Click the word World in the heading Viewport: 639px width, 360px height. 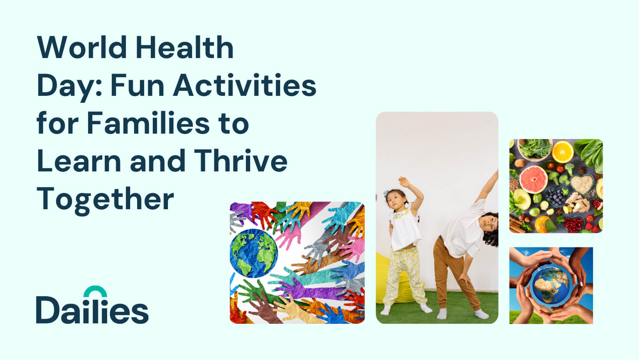coord(82,48)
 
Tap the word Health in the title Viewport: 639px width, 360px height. coord(185,47)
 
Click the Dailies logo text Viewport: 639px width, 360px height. coord(92,310)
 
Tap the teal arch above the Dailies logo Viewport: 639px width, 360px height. coord(95,291)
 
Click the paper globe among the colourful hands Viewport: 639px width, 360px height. coord(253,253)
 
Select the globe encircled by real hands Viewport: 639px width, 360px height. coord(551,285)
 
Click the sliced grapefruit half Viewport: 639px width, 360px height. coord(533,180)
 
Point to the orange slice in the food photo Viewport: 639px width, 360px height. coord(563,152)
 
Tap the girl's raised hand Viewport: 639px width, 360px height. coord(404,182)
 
